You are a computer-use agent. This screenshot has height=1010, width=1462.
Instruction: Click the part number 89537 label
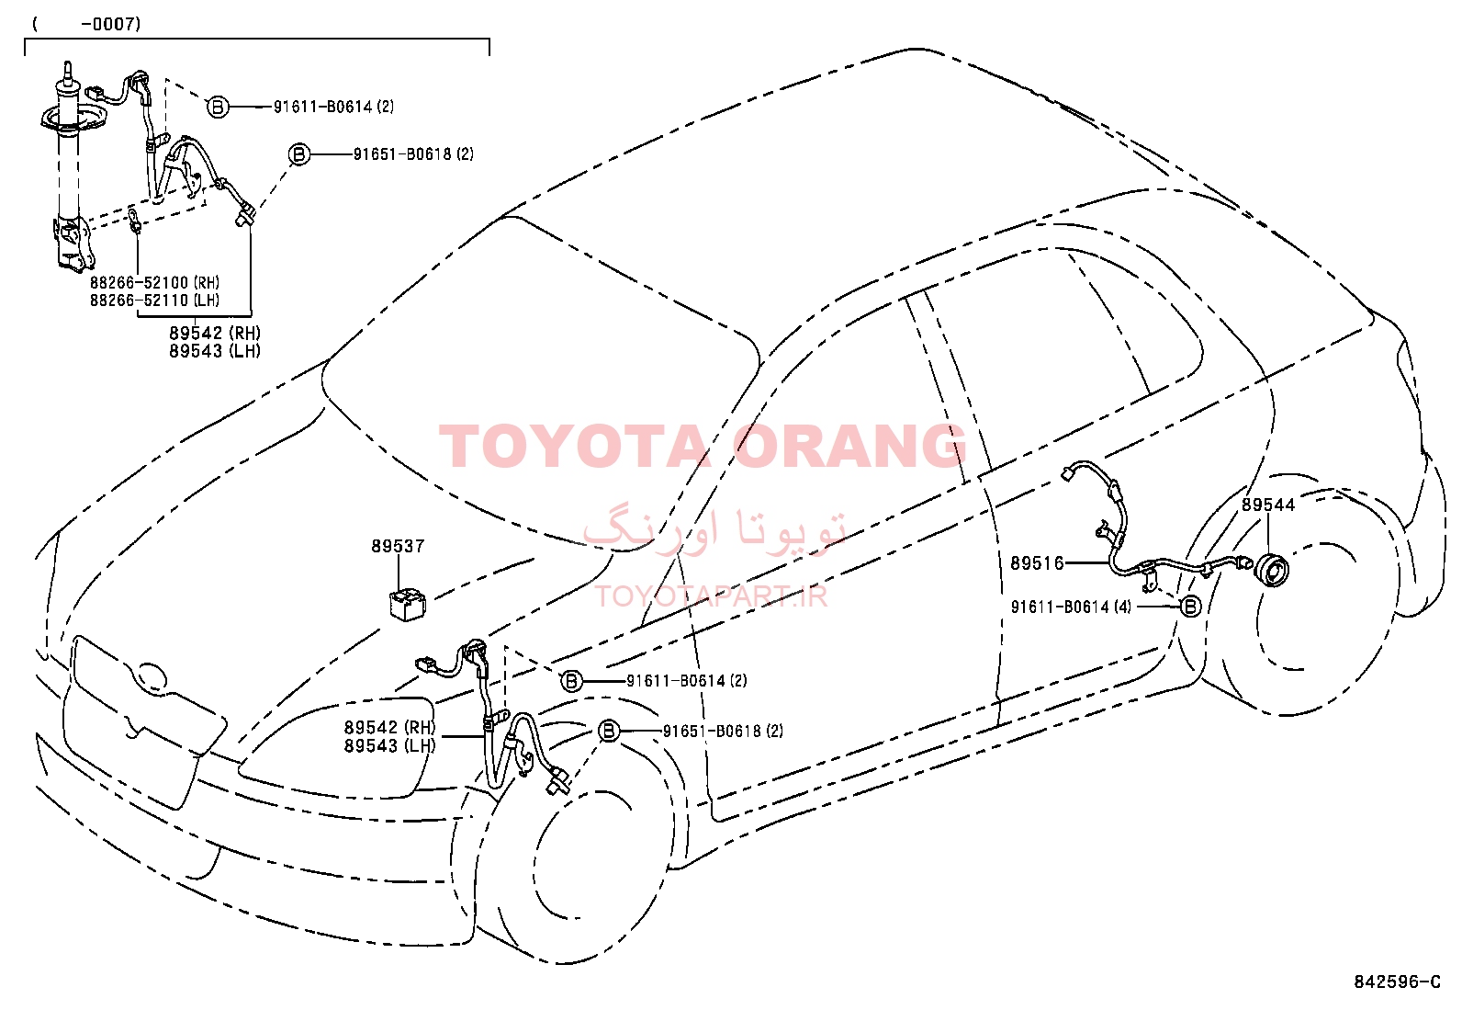click(x=399, y=546)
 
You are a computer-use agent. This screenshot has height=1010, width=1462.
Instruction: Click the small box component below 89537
click(x=407, y=605)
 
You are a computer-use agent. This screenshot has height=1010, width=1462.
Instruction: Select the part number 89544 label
click(x=1268, y=505)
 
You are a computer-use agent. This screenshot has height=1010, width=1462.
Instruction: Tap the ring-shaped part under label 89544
click(x=1273, y=570)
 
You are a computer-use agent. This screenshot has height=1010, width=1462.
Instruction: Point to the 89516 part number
click(x=1037, y=562)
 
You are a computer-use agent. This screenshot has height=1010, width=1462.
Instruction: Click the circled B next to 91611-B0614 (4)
click(x=1190, y=607)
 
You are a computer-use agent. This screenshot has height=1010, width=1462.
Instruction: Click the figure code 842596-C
click(x=1398, y=982)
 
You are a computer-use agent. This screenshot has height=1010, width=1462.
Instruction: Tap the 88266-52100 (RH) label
click(x=154, y=282)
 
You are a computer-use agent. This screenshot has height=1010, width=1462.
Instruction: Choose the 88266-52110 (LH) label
click(x=154, y=300)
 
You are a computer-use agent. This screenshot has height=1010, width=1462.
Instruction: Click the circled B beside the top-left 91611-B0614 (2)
click(x=218, y=107)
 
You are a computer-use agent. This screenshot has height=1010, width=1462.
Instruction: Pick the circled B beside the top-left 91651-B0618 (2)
click(x=299, y=154)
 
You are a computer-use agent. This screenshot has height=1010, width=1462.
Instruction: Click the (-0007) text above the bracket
click(x=87, y=24)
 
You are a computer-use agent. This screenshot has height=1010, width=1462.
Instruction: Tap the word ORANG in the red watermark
click(x=849, y=447)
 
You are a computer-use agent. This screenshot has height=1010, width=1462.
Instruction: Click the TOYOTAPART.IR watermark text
click(x=711, y=596)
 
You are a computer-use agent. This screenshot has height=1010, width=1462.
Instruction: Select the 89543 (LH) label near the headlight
click(x=389, y=745)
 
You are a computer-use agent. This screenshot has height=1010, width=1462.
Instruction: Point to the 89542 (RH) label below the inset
click(x=215, y=333)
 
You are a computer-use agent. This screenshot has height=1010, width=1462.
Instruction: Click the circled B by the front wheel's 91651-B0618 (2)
click(x=608, y=731)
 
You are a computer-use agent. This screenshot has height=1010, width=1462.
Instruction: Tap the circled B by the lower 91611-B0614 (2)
click(x=572, y=681)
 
